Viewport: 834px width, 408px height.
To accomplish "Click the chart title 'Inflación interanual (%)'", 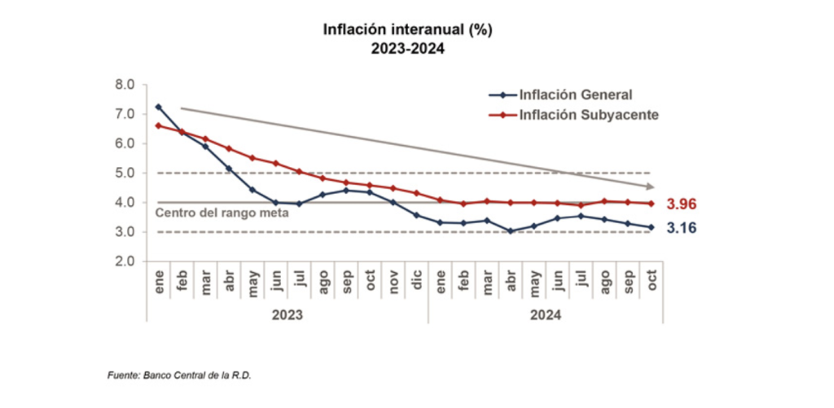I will click(x=407, y=30).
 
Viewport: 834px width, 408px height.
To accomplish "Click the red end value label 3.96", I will click(x=681, y=204).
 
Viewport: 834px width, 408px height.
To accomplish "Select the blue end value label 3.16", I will click(x=681, y=228).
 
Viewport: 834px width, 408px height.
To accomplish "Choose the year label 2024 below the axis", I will click(x=546, y=314).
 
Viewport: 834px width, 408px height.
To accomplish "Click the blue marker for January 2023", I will click(x=158, y=107).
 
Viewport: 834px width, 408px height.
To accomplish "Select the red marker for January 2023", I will click(x=158, y=125).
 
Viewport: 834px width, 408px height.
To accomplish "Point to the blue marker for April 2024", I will click(x=511, y=231).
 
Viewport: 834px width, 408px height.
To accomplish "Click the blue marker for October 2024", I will click(x=652, y=227).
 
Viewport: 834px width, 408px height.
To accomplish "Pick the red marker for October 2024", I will click(x=652, y=204).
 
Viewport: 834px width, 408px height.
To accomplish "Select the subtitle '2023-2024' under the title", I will click(x=407, y=49).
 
